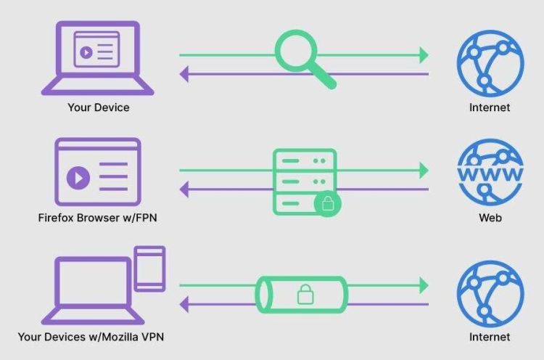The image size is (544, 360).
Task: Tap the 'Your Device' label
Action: coord(98,107)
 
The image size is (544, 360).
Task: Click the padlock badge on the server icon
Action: coord(328,205)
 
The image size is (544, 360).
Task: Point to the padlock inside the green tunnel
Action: coord(303,295)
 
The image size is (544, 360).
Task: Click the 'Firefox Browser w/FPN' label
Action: coord(98,218)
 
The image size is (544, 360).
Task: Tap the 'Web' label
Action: coord(489,218)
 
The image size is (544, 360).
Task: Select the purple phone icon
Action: coord(150,269)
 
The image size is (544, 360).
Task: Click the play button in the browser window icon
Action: coord(78,177)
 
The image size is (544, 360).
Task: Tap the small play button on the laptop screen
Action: coord(86,52)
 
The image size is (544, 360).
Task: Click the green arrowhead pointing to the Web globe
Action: coord(421,170)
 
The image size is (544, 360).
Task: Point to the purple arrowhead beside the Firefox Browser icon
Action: coord(185,191)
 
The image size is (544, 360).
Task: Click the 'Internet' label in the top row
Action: coord(490,107)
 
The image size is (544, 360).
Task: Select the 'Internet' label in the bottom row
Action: coord(490,337)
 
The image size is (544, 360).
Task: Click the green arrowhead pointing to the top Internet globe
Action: coord(421,54)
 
